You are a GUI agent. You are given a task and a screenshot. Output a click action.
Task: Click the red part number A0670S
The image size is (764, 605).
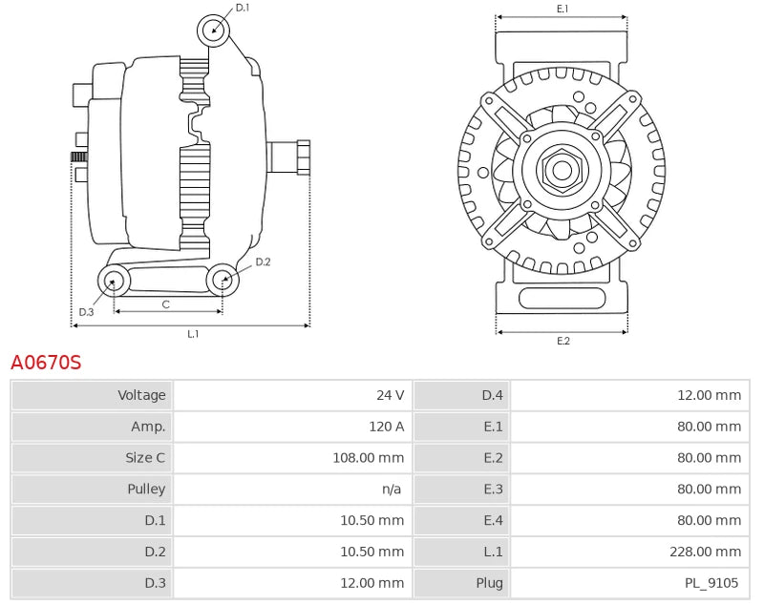click(x=46, y=363)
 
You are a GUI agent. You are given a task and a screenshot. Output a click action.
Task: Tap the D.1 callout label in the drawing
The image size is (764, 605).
click(x=243, y=8)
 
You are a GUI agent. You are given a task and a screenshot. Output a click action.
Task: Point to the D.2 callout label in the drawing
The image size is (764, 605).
click(x=264, y=261)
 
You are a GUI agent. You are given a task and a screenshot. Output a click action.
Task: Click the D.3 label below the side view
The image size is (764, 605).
click(x=87, y=311)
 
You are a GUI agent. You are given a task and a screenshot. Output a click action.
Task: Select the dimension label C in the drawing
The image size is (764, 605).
click(x=165, y=304)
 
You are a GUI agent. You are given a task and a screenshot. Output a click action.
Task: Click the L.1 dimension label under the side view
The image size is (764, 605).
click(x=192, y=334)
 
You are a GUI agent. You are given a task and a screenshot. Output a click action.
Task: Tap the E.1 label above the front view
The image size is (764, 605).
click(x=562, y=9)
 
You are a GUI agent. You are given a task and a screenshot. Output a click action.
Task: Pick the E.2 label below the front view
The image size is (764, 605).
click(x=562, y=342)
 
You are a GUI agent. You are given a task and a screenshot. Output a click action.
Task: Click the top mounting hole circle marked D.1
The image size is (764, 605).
click(x=214, y=30)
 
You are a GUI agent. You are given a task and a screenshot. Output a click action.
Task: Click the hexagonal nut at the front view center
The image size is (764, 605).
click(x=561, y=171)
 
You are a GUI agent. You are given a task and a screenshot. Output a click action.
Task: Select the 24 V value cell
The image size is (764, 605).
click(x=390, y=395)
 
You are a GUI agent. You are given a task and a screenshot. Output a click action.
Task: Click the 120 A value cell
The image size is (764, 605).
click(x=386, y=427)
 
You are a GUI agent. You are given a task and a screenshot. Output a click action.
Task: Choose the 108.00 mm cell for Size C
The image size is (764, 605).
click(x=367, y=458)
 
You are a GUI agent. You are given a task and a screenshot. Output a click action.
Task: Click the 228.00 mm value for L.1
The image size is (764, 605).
click(x=705, y=552)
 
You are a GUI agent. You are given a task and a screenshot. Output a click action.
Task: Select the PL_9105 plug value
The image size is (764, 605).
click(x=711, y=583)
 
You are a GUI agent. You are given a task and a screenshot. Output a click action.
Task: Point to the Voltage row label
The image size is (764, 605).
click(x=141, y=395)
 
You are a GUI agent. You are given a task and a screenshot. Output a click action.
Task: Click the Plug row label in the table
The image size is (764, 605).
click(x=489, y=583)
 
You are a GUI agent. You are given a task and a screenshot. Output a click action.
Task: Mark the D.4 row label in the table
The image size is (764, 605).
click(x=492, y=395)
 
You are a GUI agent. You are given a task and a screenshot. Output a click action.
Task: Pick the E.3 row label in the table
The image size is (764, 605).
click(x=492, y=490)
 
